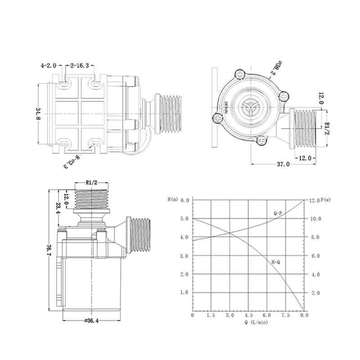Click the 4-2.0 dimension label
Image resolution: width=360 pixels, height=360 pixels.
(48, 65)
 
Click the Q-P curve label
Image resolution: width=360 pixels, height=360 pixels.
(279, 212)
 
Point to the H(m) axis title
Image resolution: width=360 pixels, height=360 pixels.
(172, 199)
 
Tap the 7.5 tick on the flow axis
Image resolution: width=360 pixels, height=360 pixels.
(286, 316)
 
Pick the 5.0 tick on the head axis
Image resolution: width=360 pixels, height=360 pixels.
(184, 219)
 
